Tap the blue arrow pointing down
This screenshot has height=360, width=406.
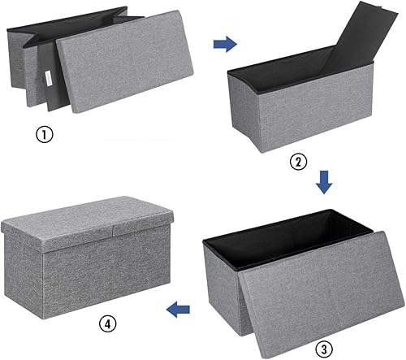[324, 183]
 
